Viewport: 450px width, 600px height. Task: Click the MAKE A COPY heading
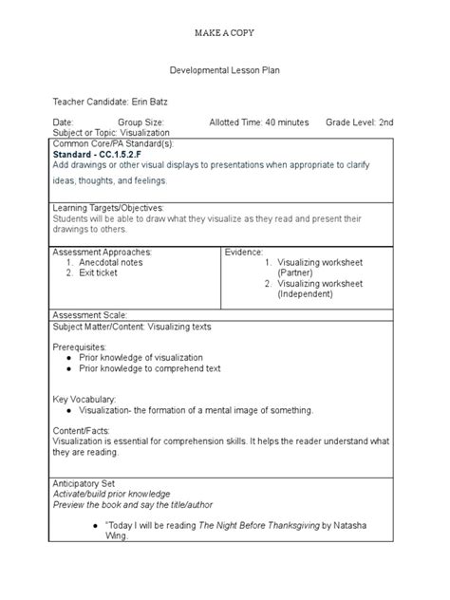[224, 32]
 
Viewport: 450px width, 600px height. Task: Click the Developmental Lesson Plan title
[224, 70]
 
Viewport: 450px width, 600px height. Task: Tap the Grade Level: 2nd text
[359, 122]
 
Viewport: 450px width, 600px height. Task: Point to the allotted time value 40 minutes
[287, 122]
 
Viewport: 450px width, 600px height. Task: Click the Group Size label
[141, 122]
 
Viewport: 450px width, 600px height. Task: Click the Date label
[63, 122]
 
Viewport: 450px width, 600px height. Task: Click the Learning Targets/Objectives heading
[108, 207]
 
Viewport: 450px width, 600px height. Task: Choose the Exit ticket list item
[99, 272]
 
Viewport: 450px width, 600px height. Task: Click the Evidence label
[244, 252]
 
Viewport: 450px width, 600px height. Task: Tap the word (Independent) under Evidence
[309, 294]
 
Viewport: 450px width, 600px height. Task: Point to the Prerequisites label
[79, 347]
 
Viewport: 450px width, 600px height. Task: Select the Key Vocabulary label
[84, 400]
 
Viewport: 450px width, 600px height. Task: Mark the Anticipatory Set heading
[84, 483]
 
